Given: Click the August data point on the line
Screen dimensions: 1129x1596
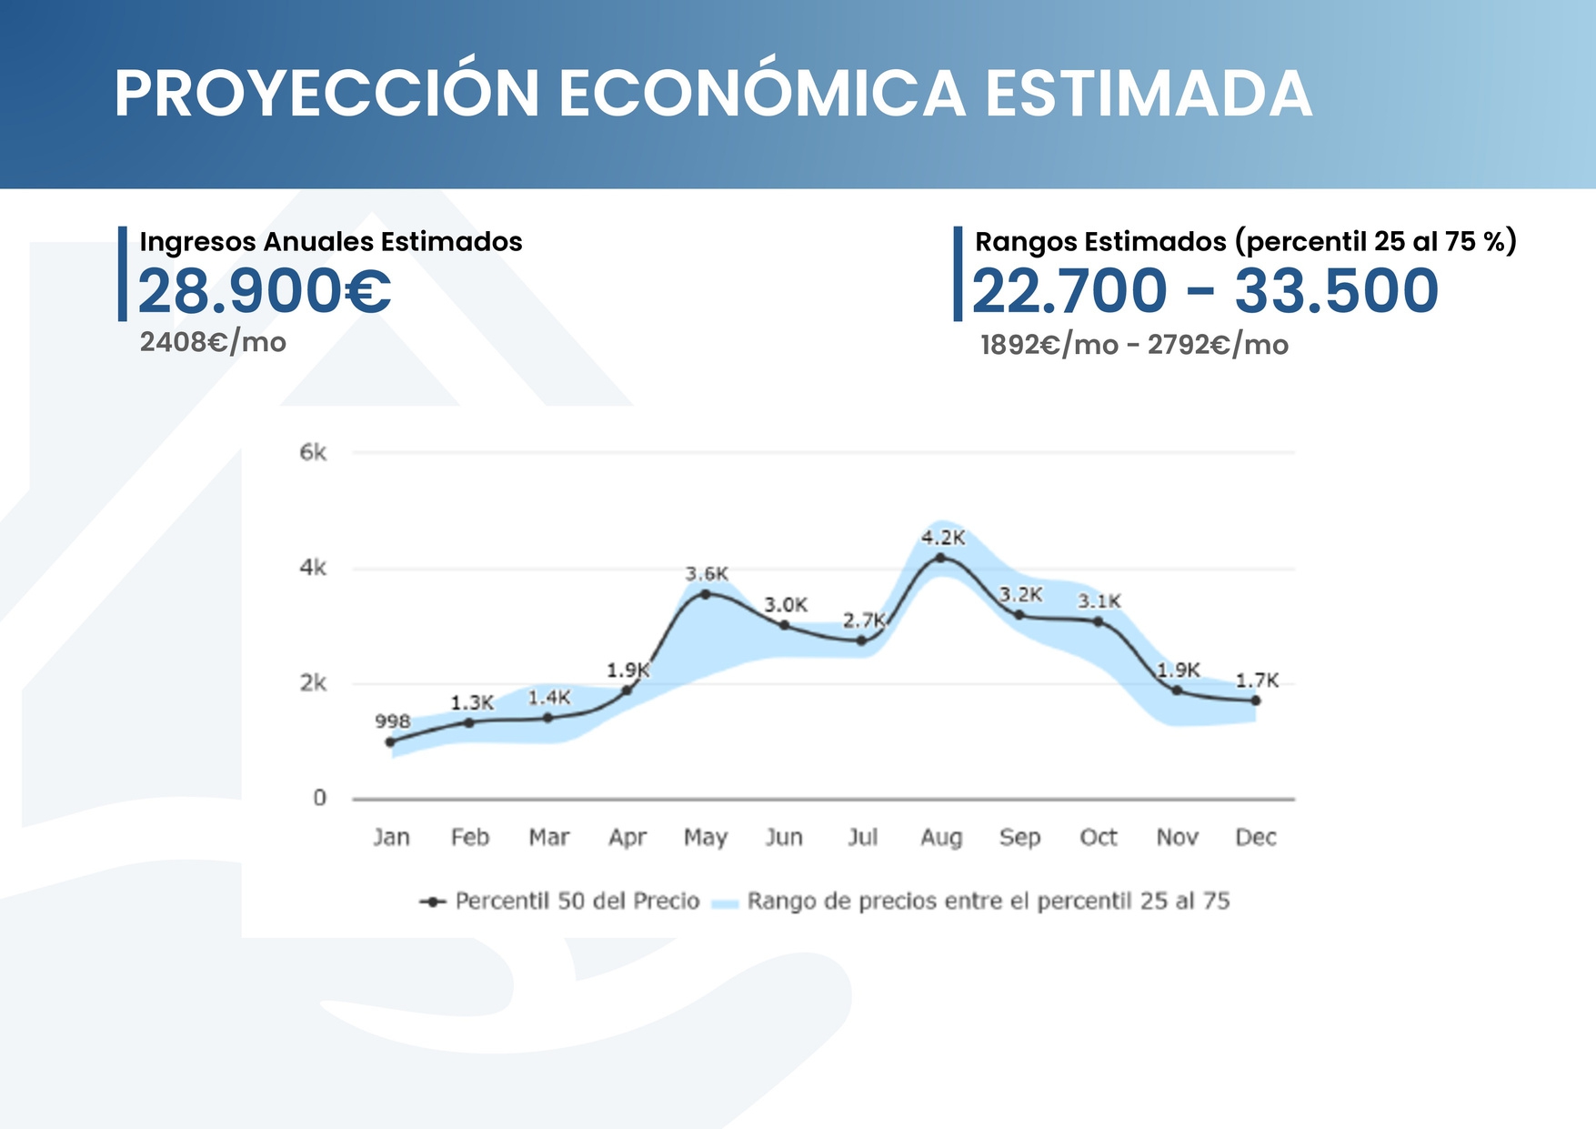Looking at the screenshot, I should coord(940,558).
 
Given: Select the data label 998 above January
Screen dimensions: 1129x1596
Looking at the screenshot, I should coord(393,721).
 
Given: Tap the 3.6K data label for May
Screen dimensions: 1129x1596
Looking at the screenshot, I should coord(707,574).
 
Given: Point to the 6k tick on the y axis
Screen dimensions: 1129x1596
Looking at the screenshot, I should coord(313,453).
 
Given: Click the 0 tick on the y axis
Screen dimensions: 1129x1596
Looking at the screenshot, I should coord(319,798).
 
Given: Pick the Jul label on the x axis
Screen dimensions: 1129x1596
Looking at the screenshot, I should coord(862,837).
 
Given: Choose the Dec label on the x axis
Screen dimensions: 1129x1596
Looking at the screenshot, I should coord(1255,837).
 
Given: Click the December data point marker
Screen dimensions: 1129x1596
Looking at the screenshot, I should coord(1256,701).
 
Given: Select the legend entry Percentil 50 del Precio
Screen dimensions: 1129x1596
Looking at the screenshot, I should coord(577,901).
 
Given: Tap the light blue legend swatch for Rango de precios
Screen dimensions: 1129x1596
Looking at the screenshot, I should coord(724,903).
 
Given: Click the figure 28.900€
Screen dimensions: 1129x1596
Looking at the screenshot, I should coord(265,291).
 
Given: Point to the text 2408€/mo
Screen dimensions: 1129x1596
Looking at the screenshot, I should coord(213,343).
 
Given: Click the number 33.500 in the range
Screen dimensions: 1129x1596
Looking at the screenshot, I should coord(1336,291).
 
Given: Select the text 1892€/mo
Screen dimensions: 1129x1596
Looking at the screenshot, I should coord(1049,346).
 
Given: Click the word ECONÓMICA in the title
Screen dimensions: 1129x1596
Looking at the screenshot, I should coord(761,94).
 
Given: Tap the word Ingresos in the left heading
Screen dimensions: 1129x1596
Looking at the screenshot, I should coord(197,242).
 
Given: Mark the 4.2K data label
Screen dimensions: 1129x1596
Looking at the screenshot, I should coord(943,538).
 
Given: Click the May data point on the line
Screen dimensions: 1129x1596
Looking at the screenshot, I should coord(705,594).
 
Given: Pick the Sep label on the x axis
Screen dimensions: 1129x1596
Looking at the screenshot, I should coord(1019,837).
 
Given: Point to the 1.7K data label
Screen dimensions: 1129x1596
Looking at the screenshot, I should coord(1257,680).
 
